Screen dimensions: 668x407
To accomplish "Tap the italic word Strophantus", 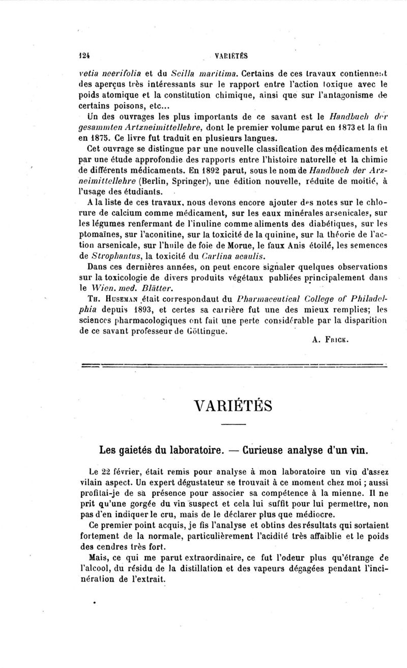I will click(x=114, y=257).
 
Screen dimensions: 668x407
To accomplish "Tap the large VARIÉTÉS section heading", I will click(x=234, y=407).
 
